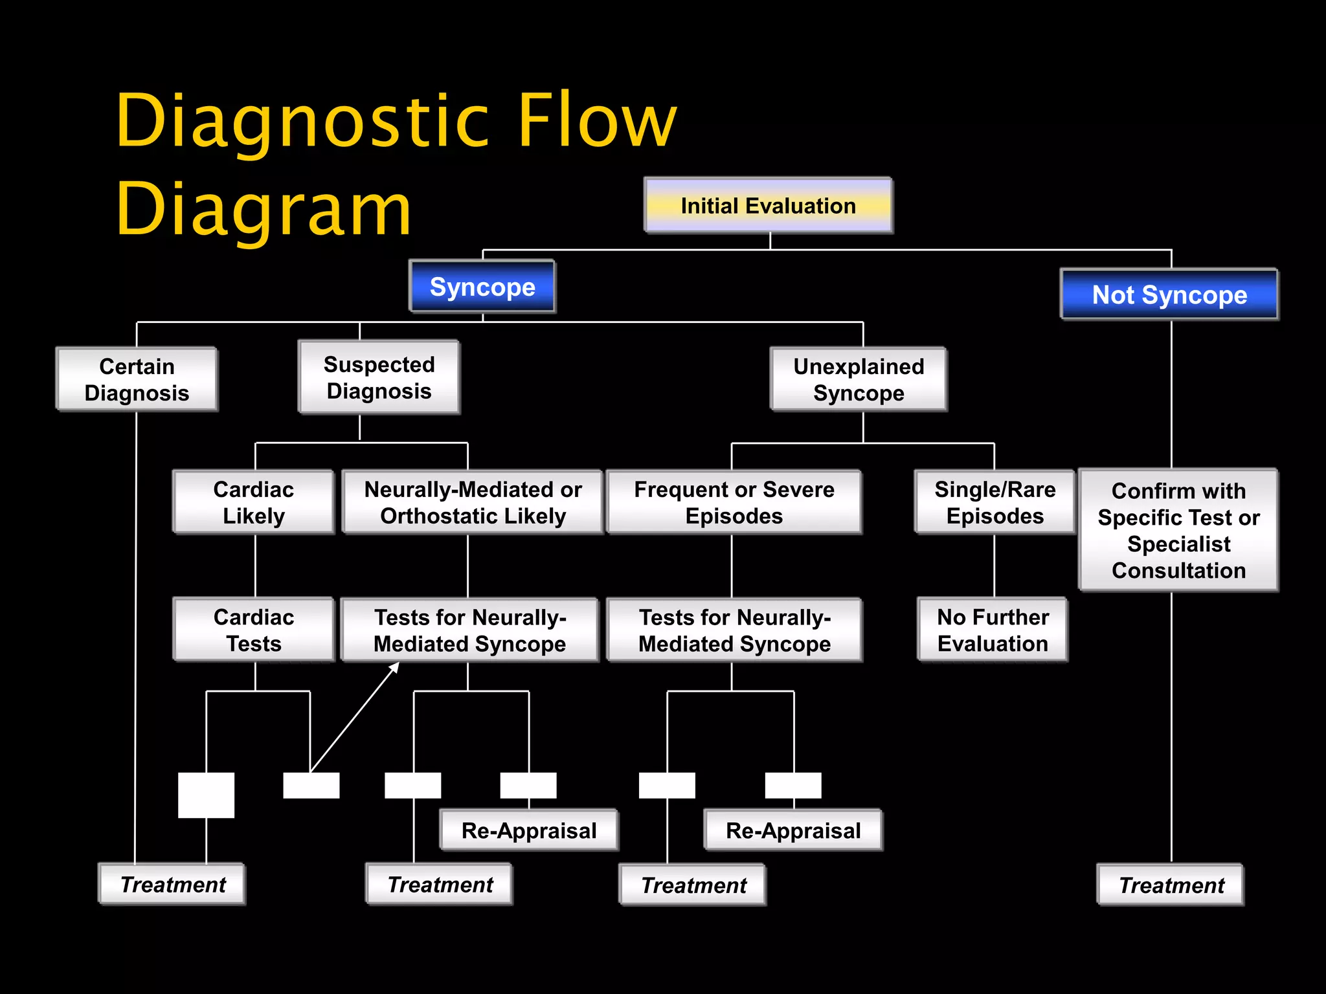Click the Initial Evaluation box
[768, 206]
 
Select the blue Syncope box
[482, 287]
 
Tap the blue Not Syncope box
[1169, 295]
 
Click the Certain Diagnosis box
[137, 379]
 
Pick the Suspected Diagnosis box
[379, 377]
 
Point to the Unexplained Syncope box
[859, 379]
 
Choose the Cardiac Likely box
[253, 502]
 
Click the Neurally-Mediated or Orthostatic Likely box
[473, 502]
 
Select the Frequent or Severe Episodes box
[734, 502]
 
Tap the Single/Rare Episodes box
[994, 502]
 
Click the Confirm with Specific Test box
[1178, 530]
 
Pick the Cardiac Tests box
[253, 630]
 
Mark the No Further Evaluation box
[993, 630]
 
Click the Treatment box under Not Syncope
[1171, 885]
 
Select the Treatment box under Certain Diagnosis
[172, 884]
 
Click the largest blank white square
[206, 795]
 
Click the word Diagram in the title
[264, 209]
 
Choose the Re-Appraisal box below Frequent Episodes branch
[792, 830]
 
